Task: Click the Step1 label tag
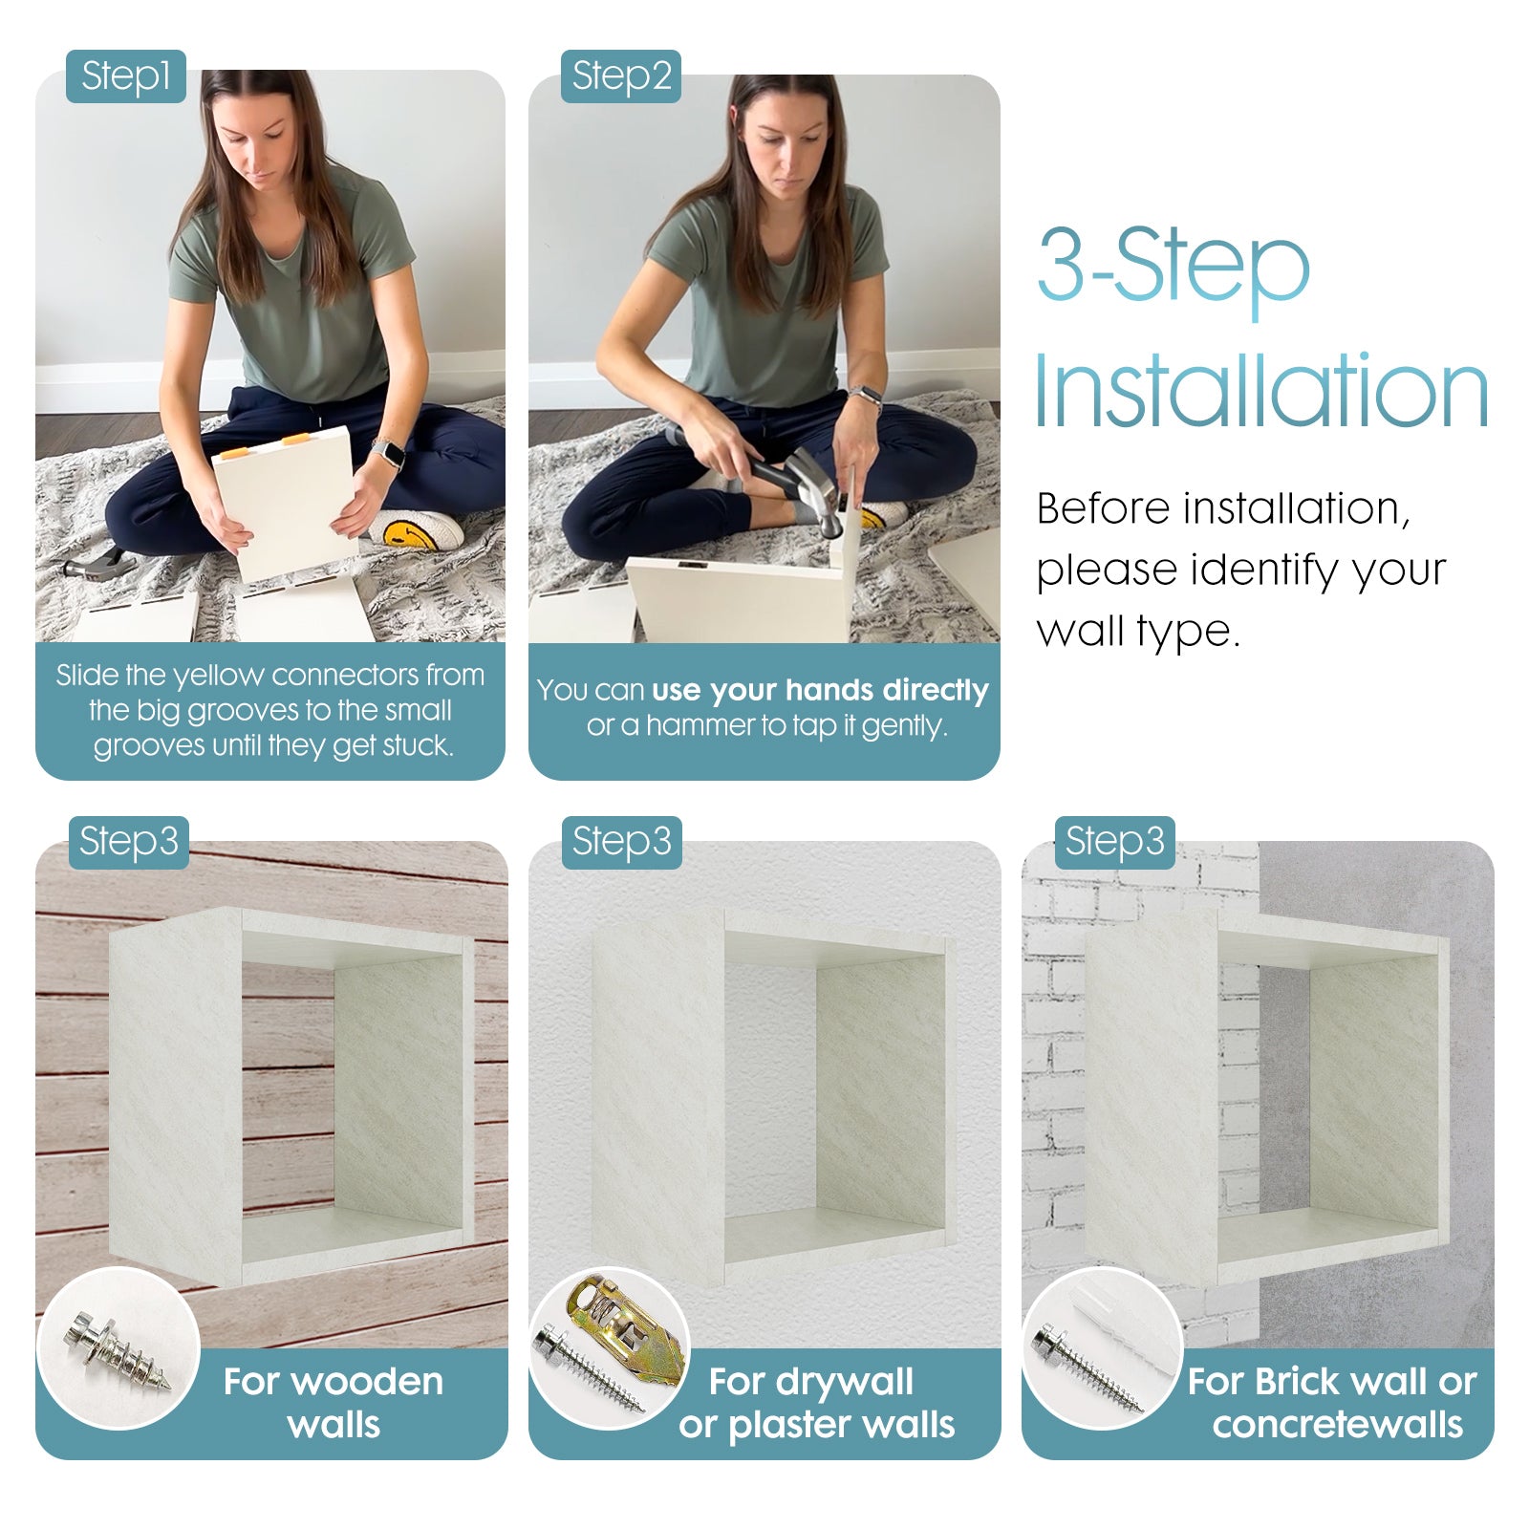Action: pos(125,76)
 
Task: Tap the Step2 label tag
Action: pos(621,76)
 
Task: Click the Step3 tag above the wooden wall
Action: pos(128,842)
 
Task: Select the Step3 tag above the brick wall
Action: pos(1114,842)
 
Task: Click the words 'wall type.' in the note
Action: pos(1138,631)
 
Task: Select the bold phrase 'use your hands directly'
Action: pos(820,690)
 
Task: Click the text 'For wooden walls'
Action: pos(334,1403)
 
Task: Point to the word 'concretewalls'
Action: pos(1338,1425)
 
